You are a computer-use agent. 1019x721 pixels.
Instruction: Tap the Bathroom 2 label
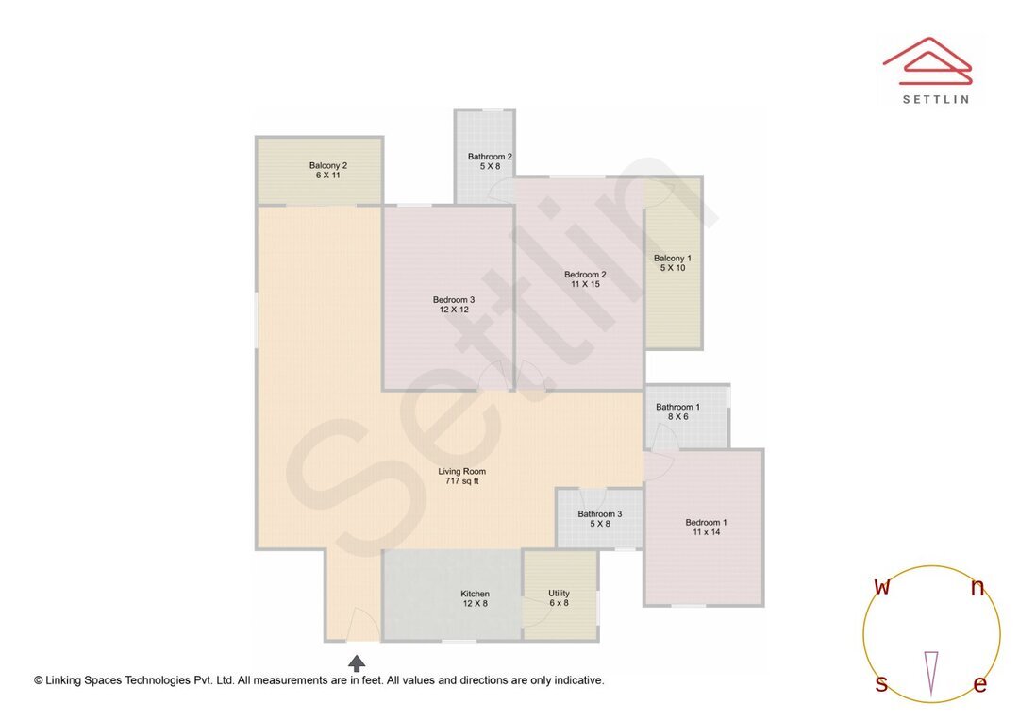click(490, 157)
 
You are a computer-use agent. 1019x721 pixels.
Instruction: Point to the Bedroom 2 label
click(585, 275)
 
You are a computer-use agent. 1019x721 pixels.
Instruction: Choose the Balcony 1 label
click(673, 258)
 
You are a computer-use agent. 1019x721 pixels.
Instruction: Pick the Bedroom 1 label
click(706, 522)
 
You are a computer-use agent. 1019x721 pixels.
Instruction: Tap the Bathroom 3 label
click(600, 514)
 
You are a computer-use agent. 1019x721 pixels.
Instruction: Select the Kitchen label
click(475, 594)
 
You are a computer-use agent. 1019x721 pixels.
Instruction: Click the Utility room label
click(559, 594)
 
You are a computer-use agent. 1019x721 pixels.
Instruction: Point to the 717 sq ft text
click(462, 481)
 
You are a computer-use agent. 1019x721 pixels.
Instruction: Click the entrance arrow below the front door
click(357, 662)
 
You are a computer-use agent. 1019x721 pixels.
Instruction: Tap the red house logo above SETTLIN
click(927, 59)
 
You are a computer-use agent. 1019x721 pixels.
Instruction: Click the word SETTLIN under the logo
click(935, 98)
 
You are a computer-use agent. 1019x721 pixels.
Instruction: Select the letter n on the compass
click(977, 589)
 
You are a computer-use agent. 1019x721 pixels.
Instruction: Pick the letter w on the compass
click(882, 587)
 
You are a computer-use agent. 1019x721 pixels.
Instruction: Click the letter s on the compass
click(881, 684)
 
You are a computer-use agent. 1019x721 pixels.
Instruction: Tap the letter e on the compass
click(979, 685)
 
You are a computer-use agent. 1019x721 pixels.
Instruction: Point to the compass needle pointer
click(931, 672)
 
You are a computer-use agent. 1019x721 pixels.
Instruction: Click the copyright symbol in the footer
click(39, 679)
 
